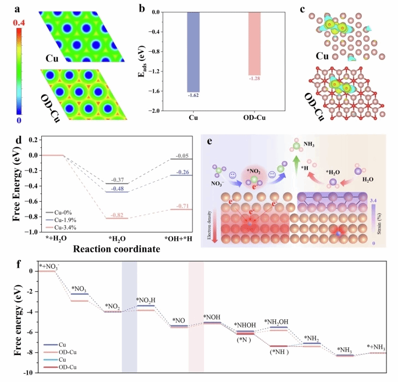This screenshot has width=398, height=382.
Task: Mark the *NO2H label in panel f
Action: click(146, 300)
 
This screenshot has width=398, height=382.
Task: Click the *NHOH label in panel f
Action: click(245, 325)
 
